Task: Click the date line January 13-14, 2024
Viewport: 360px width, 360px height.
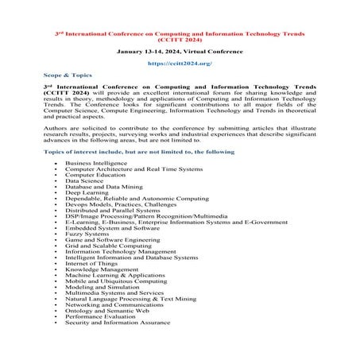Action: point(179,48)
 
